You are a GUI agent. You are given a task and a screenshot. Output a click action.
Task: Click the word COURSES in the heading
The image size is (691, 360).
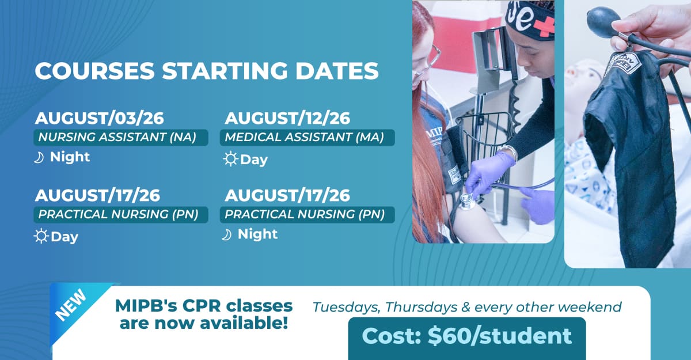94,71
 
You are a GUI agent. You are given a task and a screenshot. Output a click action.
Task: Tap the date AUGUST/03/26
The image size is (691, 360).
99,118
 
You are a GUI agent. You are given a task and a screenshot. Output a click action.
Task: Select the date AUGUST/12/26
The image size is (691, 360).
287,118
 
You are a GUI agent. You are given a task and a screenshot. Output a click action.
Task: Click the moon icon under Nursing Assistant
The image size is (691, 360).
39,158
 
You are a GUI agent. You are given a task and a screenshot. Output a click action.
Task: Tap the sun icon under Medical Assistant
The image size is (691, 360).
231,159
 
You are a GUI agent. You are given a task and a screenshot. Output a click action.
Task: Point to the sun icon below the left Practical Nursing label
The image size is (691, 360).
41,236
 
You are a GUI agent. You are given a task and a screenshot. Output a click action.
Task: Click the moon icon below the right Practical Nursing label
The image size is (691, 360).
226,235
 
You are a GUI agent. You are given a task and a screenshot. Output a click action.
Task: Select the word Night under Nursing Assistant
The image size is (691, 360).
70,157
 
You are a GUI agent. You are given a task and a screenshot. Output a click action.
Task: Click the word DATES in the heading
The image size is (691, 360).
337,71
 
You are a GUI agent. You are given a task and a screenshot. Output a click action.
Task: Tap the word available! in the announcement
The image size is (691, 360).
244,323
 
